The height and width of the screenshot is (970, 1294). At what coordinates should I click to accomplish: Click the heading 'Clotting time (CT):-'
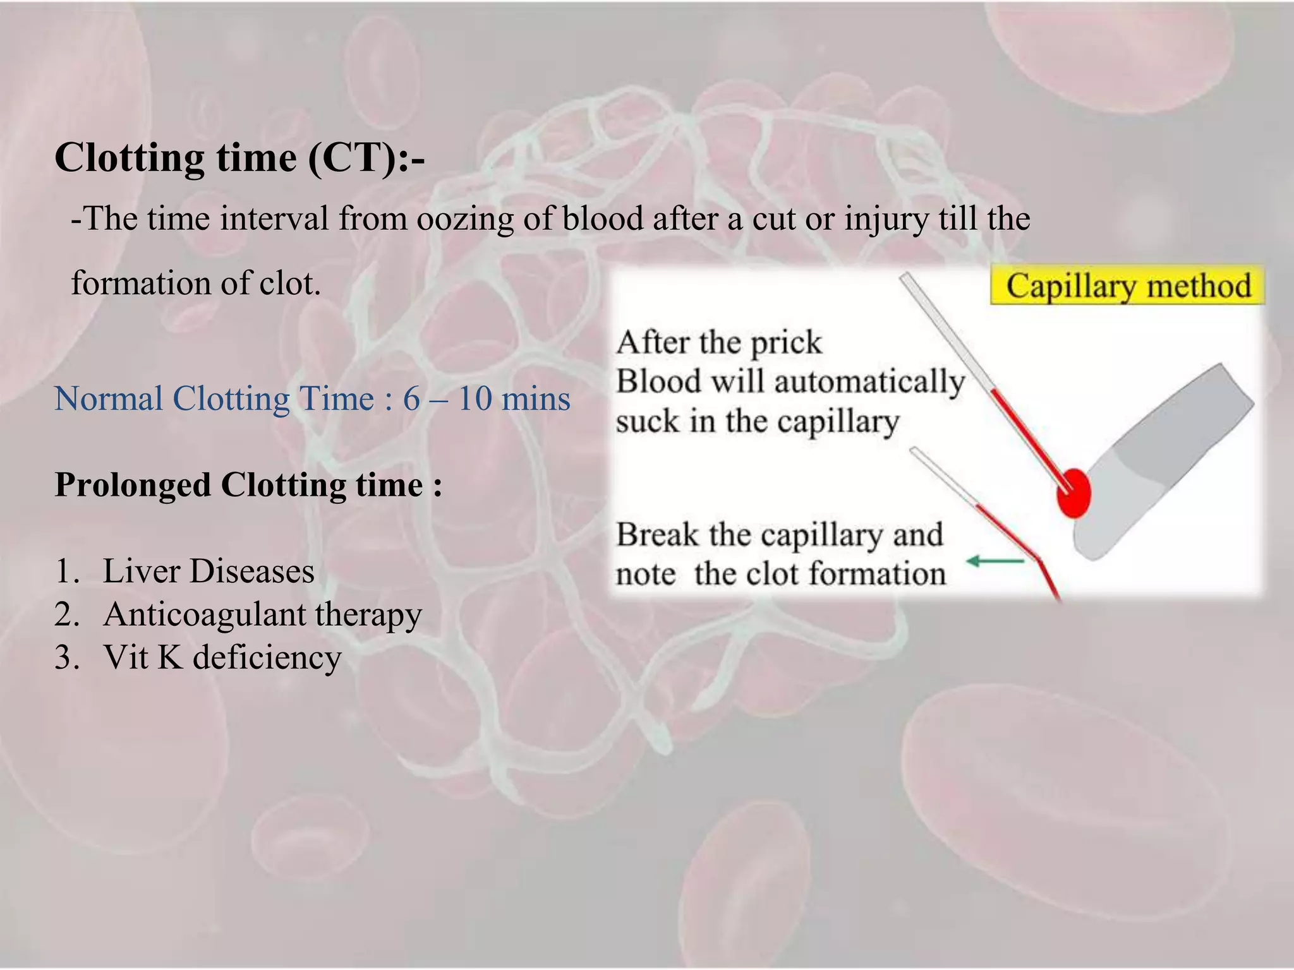coord(239,158)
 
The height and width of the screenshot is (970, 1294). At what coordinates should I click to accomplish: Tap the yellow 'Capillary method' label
coord(1128,286)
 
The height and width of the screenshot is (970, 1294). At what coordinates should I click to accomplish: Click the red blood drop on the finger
coord(1074,493)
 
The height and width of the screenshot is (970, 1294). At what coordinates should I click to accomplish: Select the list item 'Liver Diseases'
coord(209,572)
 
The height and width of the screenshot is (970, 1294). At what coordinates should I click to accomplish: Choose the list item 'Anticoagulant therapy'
coord(262,614)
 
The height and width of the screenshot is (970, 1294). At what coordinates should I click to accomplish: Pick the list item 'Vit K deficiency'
coord(222,657)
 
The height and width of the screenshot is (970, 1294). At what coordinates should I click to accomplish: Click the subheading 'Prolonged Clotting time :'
coord(248,486)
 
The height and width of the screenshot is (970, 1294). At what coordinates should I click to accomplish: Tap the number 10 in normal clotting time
coord(475,399)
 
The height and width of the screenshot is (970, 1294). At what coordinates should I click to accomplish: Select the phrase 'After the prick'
coord(719,343)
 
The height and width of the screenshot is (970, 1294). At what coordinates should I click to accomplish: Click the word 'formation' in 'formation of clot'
coord(140,283)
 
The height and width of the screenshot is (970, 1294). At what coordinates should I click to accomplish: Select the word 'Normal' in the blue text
coord(109,399)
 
